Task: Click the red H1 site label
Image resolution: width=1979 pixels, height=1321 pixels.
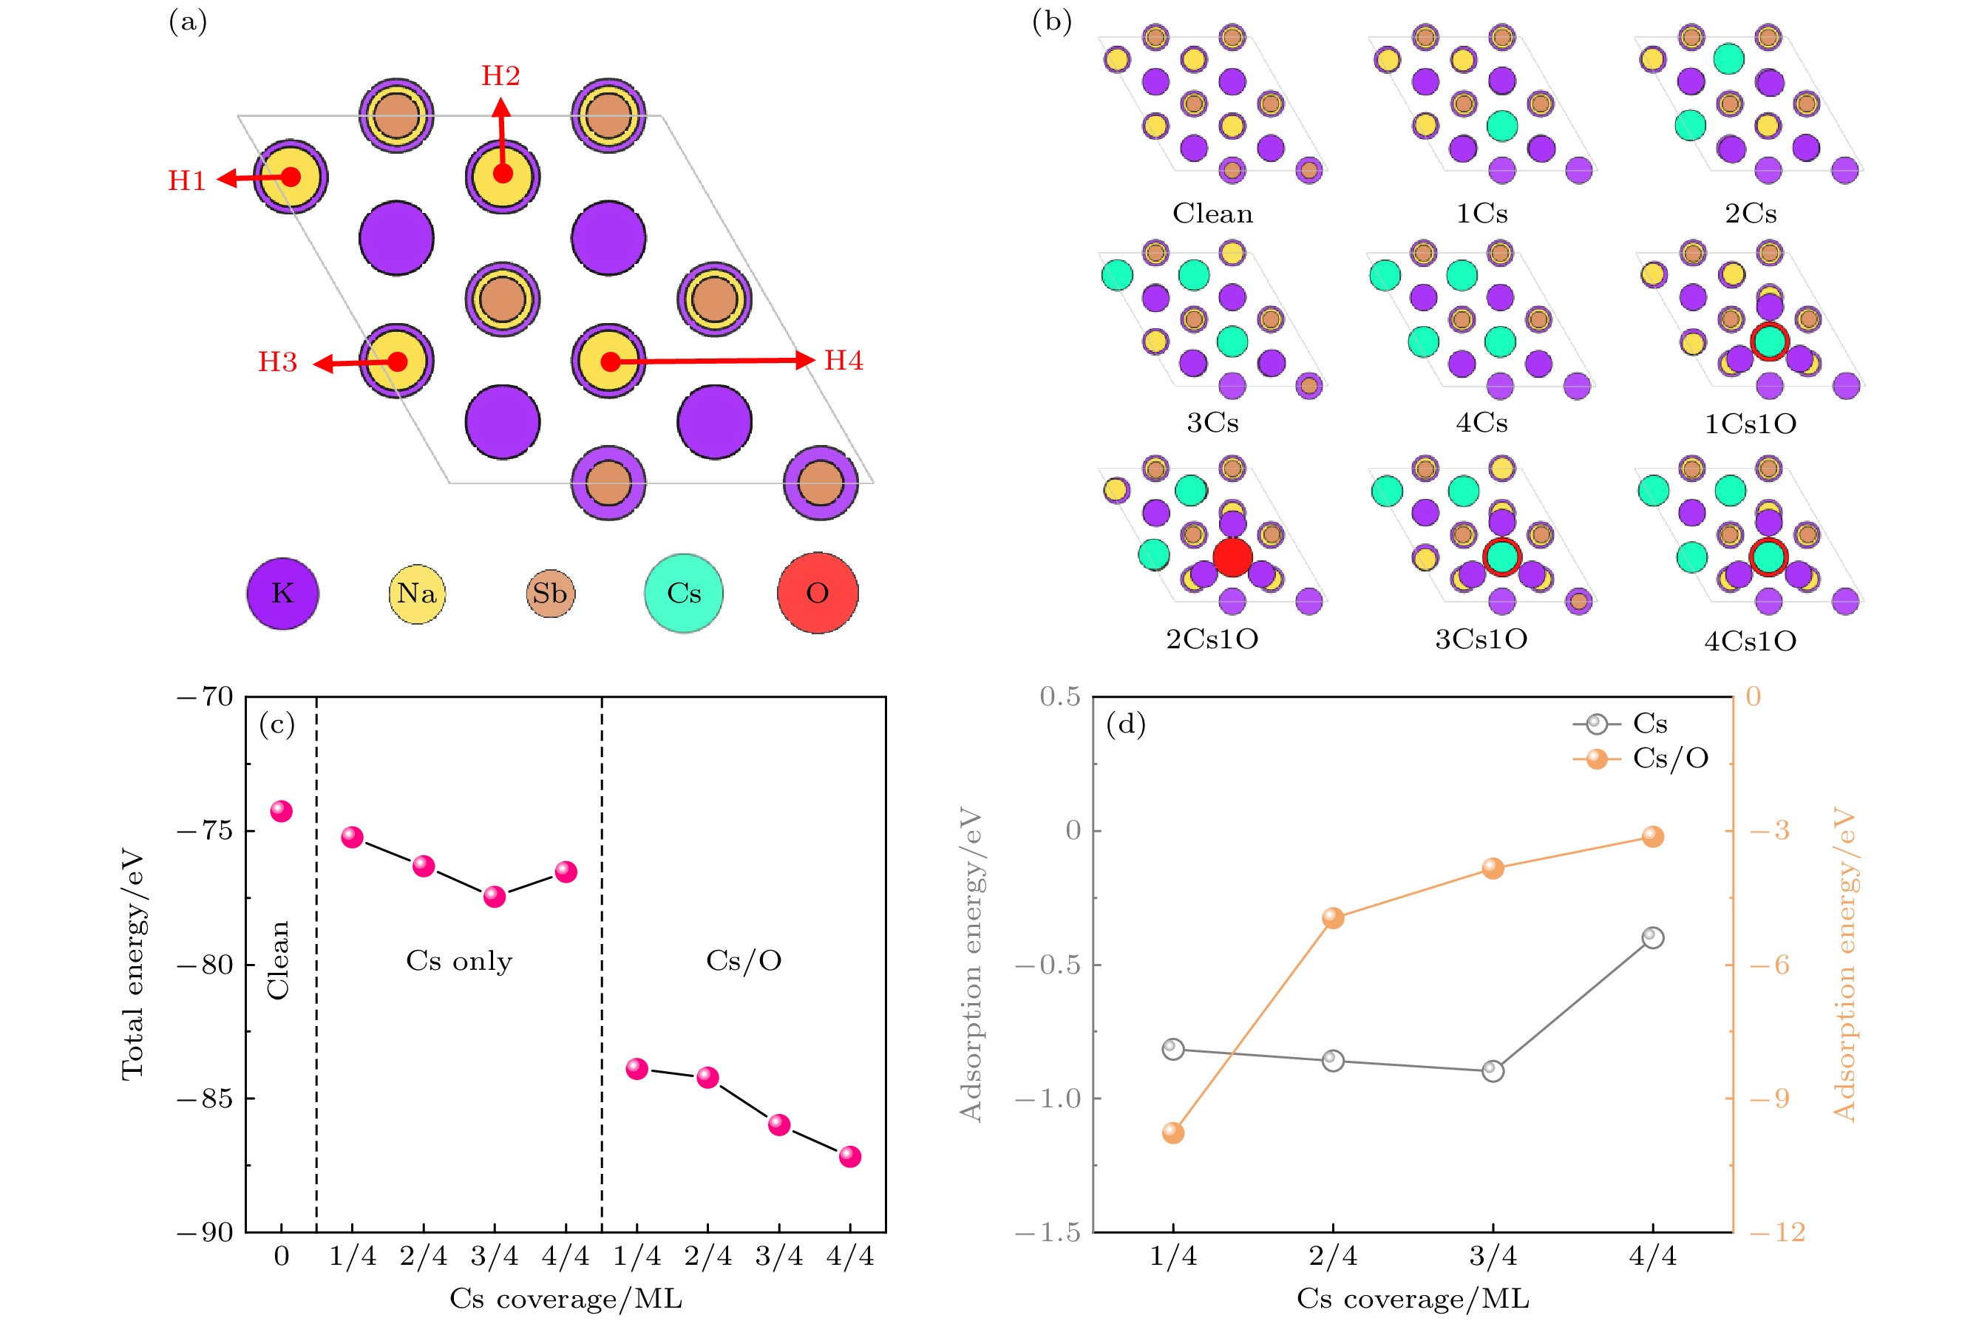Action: (x=186, y=180)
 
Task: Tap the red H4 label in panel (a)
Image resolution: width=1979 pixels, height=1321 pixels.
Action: (x=843, y=361)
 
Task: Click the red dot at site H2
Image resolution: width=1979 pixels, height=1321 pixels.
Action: (x=503, y=174)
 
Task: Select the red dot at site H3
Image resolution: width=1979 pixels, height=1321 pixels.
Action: (x=398, y=361)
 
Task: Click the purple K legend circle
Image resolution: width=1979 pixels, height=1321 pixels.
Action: (x=282, y=593)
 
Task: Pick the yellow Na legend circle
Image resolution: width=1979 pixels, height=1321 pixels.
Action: (x=417, y=593)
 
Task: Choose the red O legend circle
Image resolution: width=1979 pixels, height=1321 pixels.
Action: (x=817, y=593)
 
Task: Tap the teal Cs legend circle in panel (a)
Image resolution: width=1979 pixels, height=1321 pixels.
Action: (x=683, y=593)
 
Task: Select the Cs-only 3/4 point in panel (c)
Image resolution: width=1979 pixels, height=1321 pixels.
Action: (x=495, y=897)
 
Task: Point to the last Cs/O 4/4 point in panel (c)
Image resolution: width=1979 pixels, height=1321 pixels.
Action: (x=850, y=1157)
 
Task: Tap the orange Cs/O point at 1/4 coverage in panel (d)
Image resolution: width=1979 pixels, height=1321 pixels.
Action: (x=1172, y=1133)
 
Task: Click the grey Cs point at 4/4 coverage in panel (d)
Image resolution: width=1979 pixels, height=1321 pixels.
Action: (x=1653, y=937)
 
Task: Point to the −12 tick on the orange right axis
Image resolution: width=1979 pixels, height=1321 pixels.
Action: (x=1778, y=1232)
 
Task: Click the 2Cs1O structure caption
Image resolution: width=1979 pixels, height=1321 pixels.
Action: (x=1212, y=639)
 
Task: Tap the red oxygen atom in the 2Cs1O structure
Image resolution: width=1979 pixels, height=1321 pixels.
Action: (x=1232, y=557)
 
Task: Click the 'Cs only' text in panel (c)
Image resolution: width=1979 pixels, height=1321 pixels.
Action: (x=459, y=960)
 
